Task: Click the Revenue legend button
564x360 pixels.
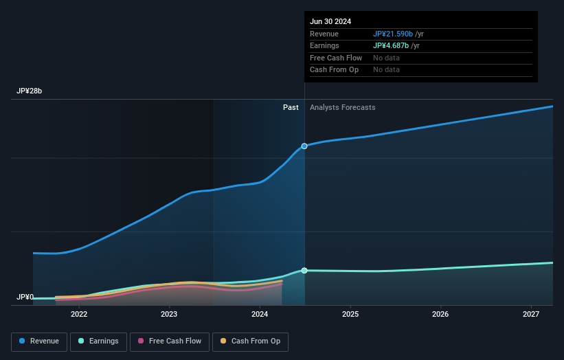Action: (x=39, y=341)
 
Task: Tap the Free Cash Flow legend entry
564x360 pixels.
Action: (x=170, y=341)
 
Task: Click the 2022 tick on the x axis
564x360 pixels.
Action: (x=79, y=315)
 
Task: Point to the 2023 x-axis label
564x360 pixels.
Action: (x=169, y=315)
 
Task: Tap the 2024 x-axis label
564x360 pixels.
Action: (x=260, y=315)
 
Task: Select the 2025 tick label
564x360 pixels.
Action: (x=350, y=315)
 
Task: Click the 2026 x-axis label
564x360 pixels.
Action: (x=440, y=315)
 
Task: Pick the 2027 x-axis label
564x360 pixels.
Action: (x=531, y=315)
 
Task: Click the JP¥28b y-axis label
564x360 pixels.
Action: (x=30, y=91)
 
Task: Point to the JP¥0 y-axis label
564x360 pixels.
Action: (x=25, y=297)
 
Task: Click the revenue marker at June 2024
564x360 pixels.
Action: (x=304, y=146)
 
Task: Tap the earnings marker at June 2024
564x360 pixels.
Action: (x=304, y=271)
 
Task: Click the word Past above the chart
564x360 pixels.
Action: (x=291, y=108)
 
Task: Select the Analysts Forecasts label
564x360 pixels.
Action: (x=343, y=108)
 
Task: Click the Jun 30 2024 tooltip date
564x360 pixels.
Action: (x=330, y=21)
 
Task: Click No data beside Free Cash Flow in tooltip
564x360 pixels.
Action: (x=386, y=58)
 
